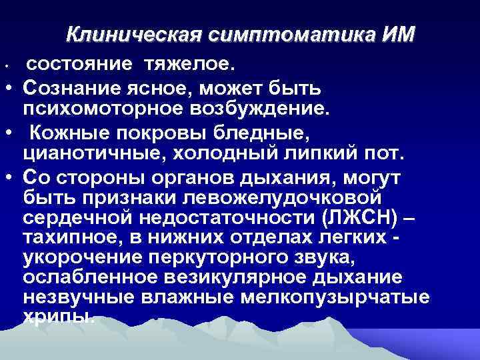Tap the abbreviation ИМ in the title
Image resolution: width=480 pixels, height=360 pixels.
pyautogui.click(x=397, y=33)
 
